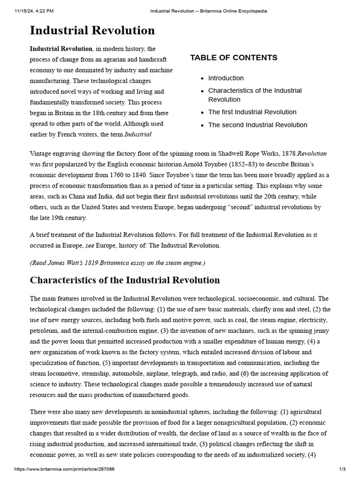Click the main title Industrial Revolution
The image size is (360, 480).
(92, 30)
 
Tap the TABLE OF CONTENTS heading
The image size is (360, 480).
(233, 58)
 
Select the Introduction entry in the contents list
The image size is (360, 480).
(226, 78)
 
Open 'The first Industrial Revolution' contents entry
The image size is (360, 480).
(252, 112)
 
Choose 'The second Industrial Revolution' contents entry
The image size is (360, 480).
(258, 125)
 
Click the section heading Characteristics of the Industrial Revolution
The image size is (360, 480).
(125, 280)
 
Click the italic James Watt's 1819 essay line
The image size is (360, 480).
(118, 262)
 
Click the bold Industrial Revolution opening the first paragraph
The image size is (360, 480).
(61, 49)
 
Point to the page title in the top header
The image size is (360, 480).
(202, 11)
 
